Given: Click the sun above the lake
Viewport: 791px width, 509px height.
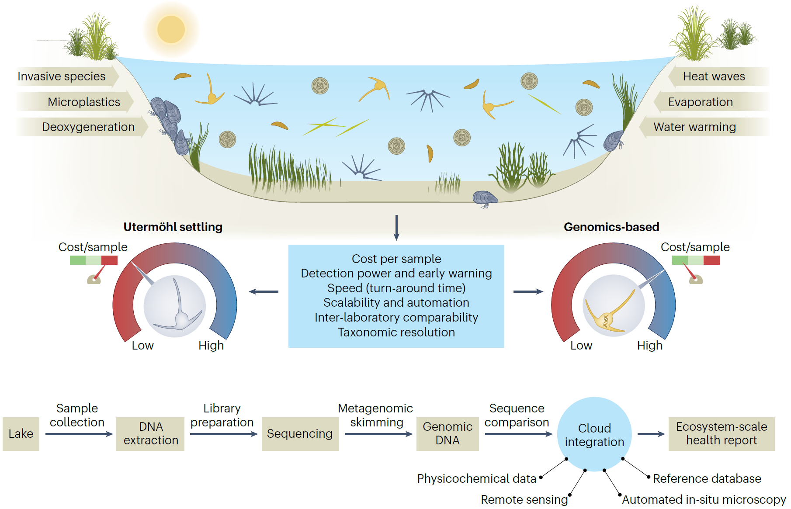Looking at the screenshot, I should point(171,30).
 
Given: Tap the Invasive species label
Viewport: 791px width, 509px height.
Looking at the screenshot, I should point(62,76).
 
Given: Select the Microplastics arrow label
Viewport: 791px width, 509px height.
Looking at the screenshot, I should point(84,102).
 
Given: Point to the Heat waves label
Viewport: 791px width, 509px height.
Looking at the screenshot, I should point(714,76).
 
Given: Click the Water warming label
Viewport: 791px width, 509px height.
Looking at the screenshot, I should point(694,127).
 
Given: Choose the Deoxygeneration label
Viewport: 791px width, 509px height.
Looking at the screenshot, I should point(88,127).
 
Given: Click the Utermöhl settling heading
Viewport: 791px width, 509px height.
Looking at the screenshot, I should point(173,227).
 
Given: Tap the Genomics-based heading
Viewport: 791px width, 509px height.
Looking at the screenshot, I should point(611,227).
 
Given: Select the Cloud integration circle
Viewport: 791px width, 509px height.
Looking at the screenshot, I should point(594,434).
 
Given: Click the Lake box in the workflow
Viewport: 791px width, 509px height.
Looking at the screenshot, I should point(21,433).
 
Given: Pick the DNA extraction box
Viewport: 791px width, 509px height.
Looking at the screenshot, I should point(151,433).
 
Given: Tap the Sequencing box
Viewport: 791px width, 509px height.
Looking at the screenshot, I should point(300,433).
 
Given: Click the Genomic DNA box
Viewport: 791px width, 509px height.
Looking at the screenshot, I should point(448,433).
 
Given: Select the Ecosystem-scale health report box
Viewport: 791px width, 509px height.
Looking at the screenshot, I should point(722,433).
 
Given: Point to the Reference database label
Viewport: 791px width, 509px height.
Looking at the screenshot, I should point(707,478).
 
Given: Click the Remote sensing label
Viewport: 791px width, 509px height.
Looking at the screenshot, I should point(524,499).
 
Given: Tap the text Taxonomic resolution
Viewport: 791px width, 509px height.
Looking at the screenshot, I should point(396,332).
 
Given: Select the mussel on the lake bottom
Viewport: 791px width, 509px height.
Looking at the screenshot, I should point(485,198).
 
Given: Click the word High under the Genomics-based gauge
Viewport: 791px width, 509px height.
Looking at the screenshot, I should point(649,346).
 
